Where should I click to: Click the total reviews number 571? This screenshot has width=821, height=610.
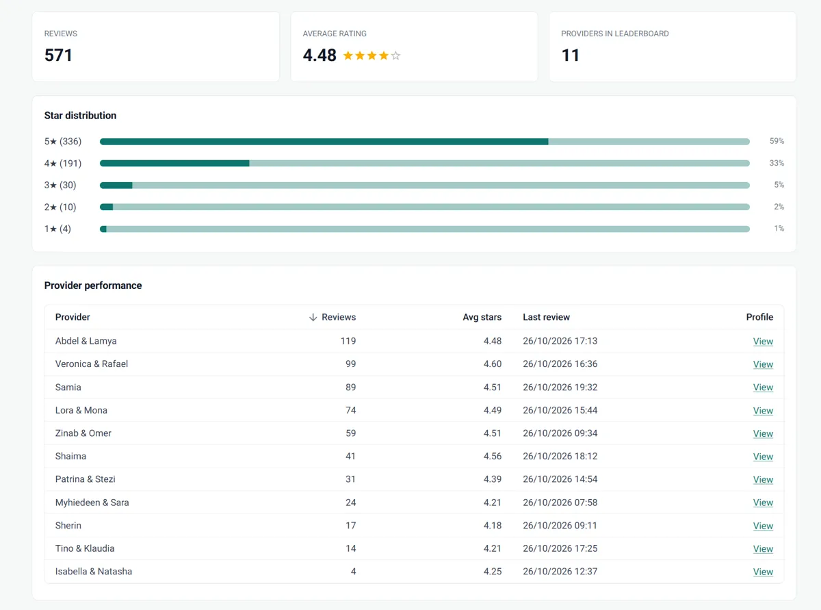(58, 55)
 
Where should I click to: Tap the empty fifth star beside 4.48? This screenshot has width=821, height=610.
(395, 55)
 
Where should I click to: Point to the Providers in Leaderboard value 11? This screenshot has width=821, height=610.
(570, 55)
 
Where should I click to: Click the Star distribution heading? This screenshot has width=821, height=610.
(80, 116)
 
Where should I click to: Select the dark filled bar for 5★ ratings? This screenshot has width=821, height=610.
(324, 142)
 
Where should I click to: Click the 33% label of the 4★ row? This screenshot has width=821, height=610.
(777, 163)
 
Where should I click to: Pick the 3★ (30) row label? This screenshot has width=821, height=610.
(60, 185)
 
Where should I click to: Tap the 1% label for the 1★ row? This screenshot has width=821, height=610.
(779, 229)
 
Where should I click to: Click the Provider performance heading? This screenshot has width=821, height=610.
(93, 285)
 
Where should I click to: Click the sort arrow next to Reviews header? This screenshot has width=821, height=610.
(313, 318)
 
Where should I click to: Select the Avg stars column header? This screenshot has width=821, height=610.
(482, 317)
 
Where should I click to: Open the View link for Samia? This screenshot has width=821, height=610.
(763, 387)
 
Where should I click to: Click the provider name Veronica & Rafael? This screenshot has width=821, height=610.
(92, 364)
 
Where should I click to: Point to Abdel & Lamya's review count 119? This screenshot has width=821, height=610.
(348, 341)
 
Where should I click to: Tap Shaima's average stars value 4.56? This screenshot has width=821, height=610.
(493, 456)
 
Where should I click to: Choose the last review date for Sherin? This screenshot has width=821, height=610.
(560, 525)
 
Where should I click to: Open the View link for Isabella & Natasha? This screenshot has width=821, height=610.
(763, 572)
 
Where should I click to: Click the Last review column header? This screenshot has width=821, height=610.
(547, 317)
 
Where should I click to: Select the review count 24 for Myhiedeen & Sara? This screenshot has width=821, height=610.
(350, 503)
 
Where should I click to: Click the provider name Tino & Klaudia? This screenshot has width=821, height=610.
(85, 548)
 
